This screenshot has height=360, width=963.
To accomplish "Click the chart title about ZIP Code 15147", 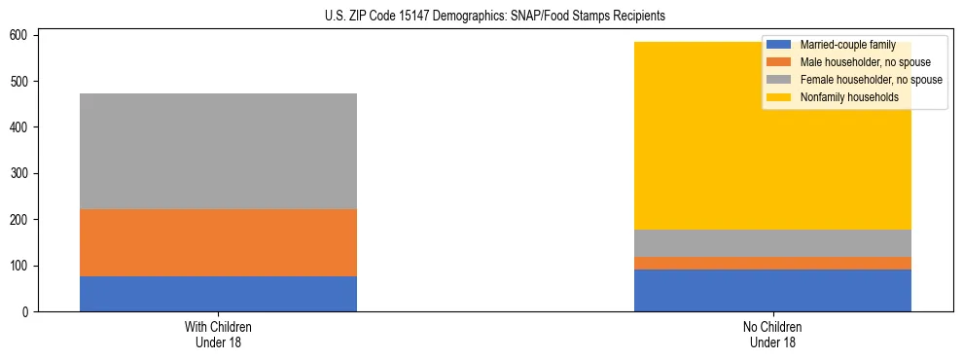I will (x=481, y=16).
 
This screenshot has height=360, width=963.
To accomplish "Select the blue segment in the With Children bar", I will (x=218, y=294).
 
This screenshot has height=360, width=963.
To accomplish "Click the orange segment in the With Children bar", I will (x=218, y=242).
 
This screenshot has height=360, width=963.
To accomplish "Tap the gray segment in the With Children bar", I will (x=218, y=151).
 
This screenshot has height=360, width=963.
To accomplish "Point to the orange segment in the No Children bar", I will (x=772, y=263).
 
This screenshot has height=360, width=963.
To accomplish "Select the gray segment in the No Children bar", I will (x=772, y=243).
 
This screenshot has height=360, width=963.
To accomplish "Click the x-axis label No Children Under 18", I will (x=772, y=335).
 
